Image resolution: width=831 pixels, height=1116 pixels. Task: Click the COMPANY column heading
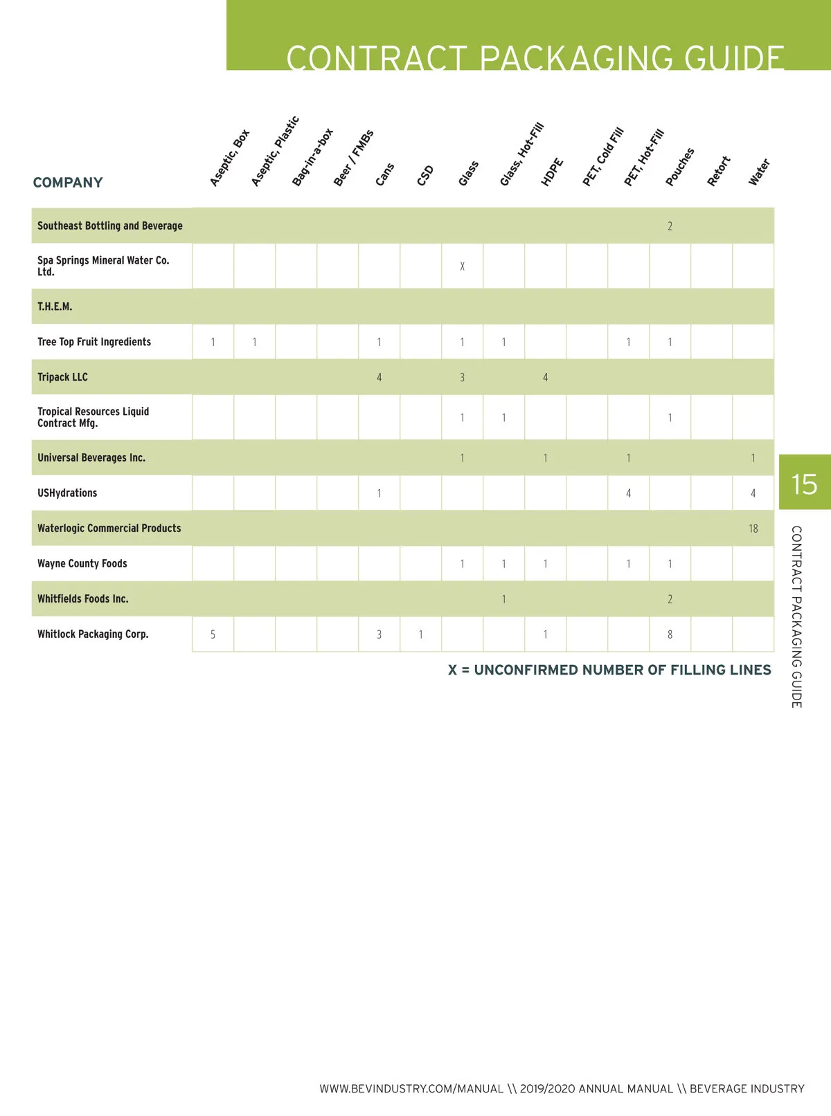[x=68, y=183]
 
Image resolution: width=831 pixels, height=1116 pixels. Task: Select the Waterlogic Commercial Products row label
[x=109, y=528]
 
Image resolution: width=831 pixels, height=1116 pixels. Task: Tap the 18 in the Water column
[x=753, y=529]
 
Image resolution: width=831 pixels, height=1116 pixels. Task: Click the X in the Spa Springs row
[x=462, y=266]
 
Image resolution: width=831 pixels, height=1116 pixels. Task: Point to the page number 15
[x=804, y=484]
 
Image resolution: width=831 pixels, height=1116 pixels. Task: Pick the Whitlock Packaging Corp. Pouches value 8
[x=670, y=634]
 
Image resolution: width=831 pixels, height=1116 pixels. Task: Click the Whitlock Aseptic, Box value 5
[x=213, y=634]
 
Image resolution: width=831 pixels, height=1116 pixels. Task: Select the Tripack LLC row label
[x=62, y=377]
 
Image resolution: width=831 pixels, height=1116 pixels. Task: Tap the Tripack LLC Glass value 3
[x=462, y=378]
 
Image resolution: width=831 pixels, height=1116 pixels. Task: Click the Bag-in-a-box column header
[x=312, y=157]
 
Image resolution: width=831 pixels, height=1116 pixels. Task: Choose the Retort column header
[x=719, y=171]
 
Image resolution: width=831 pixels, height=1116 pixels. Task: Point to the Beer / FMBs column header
[x=353, y=158]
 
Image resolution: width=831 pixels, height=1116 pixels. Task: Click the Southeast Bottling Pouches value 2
[x=670, y=226]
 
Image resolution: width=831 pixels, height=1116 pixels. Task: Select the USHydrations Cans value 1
[x=379, y=493]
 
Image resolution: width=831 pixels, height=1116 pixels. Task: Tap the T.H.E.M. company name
[x=55, y=307]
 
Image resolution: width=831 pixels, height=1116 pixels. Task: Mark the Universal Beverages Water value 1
[x=753, y=458]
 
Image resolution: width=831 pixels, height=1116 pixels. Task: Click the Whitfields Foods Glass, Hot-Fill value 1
[x=503, y=599]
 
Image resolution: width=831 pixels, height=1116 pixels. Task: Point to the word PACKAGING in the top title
[x=575, y=58]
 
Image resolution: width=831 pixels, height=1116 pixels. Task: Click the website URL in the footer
[x=411, y=1089]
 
